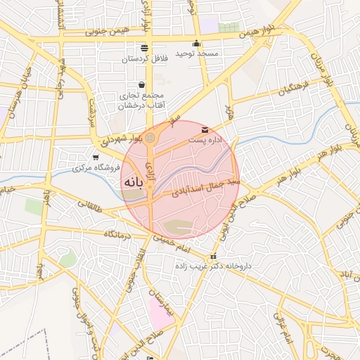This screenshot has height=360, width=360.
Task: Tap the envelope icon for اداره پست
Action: (205, 130)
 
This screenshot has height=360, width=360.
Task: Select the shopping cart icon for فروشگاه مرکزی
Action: (96, 157)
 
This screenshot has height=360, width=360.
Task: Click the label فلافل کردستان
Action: (143, 59)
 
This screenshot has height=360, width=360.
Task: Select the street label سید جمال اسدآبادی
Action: (204, 184)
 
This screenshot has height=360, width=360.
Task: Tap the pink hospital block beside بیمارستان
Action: (161, 313)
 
